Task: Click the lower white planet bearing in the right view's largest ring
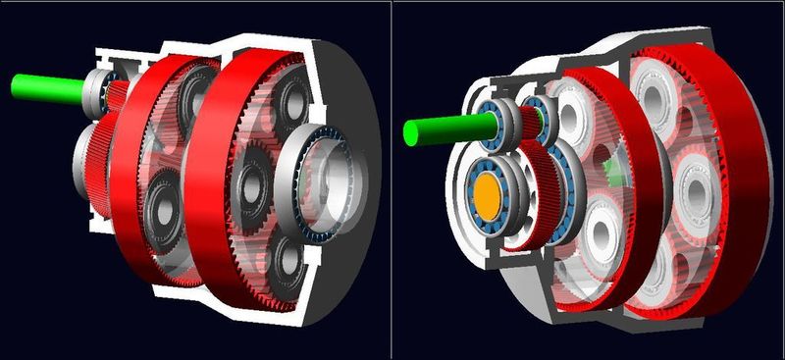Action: (x=677, y=270)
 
